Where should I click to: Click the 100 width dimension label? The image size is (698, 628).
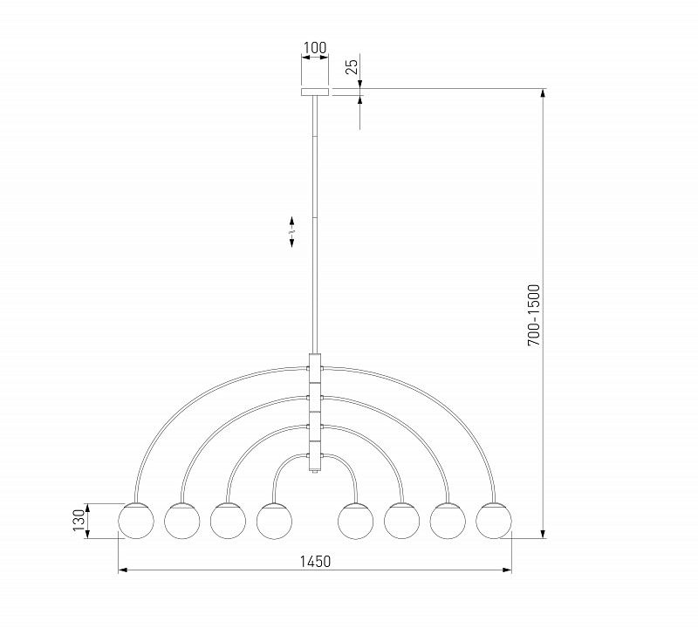(x=315, y=47)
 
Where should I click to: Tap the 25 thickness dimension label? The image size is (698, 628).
(x=352, y=66)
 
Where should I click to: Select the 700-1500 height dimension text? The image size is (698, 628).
(x=533, y=315)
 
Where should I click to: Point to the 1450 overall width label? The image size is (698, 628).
(x=315, y=561)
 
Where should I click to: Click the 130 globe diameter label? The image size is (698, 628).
(x=79, y=521)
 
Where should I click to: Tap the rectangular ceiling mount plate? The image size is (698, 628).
(x=315, y=92)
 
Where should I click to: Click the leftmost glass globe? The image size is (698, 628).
(x=136, y=521)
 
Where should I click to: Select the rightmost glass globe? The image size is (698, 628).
(x=494, y=521)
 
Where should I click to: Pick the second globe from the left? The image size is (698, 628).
(x=182, y=521)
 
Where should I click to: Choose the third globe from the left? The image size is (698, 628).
(x=228, y=521)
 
